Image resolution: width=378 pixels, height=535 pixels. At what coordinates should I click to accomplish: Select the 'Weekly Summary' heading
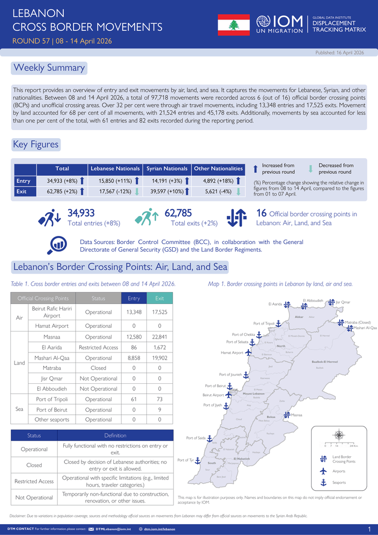pos(49,68)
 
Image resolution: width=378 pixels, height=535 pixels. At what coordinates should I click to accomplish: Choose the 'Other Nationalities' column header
pos(218,169)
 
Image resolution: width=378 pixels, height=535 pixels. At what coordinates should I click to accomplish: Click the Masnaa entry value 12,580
pos(133,337)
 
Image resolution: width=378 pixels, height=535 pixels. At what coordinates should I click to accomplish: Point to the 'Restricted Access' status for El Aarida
pos(98,347)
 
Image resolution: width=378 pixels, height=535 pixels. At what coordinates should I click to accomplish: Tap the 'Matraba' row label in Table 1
pos(51,368)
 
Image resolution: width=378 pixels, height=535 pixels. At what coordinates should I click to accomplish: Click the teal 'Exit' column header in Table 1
pos(159,298)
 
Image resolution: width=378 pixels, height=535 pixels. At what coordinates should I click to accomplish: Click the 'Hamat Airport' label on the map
pos(232,353)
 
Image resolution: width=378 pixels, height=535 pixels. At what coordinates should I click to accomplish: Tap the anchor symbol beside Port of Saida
pos(210,439)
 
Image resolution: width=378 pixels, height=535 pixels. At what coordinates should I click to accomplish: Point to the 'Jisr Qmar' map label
pos(343,302)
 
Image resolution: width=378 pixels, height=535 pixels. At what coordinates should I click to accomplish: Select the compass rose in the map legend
pos(339,435)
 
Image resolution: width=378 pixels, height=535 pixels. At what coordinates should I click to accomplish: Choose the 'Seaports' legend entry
pos(339,482)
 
